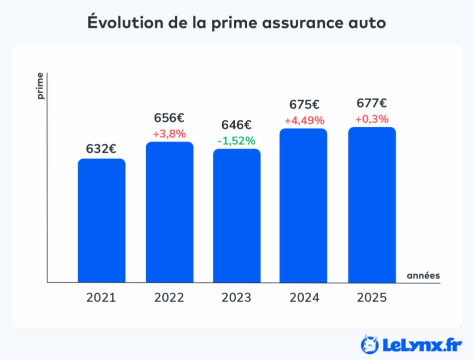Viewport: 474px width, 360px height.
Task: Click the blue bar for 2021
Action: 101,220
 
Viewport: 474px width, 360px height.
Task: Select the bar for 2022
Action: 169,212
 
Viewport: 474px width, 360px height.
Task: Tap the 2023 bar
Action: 237,215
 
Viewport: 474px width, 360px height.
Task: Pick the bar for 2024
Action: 303,205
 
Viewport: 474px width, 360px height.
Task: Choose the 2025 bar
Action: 372,205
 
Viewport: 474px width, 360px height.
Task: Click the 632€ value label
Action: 101,148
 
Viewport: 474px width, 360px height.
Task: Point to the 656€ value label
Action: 169,118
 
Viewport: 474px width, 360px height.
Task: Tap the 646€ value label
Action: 237,125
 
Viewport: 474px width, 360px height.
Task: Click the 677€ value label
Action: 372,103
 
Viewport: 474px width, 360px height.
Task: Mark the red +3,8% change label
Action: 169,134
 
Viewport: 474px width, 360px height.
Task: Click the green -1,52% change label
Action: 237,140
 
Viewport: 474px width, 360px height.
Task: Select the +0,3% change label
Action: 372,119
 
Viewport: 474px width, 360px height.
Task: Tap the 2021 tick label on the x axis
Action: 101,298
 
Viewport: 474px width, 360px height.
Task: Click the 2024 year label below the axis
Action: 304,298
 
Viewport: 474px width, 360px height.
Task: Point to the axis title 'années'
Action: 423,275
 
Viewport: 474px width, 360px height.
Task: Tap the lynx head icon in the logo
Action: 370,343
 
